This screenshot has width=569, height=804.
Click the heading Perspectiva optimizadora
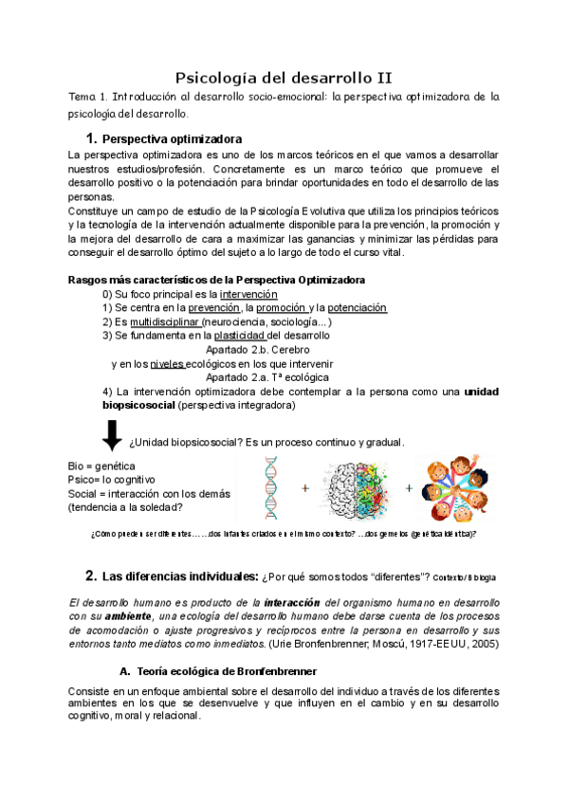pos(171,139)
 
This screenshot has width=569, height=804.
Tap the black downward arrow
pos(112,435)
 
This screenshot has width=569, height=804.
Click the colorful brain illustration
pos(357,487)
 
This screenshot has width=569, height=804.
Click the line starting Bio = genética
pos(102,466)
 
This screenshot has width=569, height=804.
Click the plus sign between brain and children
pos(410,488)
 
